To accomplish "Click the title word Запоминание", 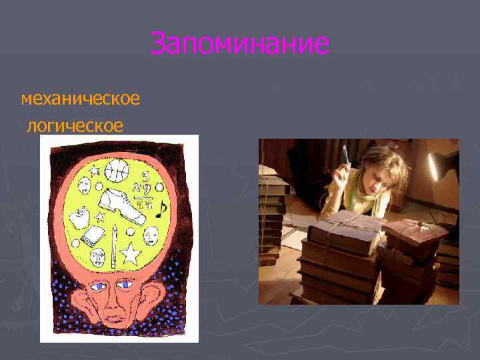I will click(x=240, y=44).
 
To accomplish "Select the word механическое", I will click(x=80, y=99).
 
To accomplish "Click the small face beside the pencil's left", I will click(x=99, y=256).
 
